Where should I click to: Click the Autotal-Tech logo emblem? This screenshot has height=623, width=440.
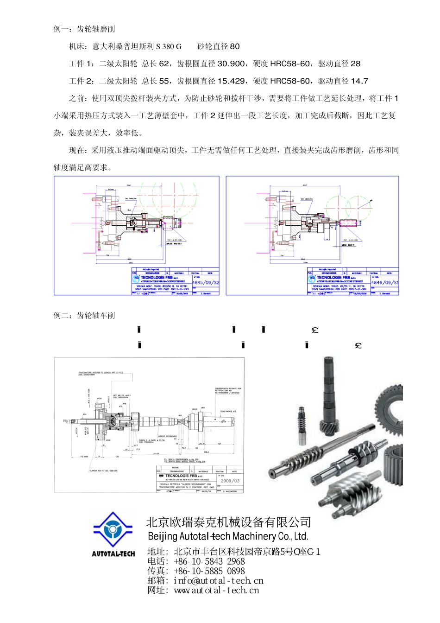pyautogui.click(x=113, y=530)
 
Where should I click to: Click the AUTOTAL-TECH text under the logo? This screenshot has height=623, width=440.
pyautogui.click(x=113, y=554)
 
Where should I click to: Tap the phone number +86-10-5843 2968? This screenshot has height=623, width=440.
pyautogui.click(x=209, y=561)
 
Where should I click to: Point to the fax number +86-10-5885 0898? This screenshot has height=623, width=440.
pyautogui.click(x=209, y=571)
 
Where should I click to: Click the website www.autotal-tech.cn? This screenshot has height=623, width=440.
pyautogui.click(x=216, y=591)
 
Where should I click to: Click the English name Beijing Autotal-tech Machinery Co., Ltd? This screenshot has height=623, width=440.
pyautogui.click(x=228, y=536)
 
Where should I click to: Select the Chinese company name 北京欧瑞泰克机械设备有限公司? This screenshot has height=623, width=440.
pyautogui.click(x=228, y=522)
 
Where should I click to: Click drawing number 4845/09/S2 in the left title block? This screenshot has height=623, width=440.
pyautogui.click(x=206, y=282)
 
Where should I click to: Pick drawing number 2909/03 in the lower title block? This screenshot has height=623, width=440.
pyautogui.click(x=230, y=481)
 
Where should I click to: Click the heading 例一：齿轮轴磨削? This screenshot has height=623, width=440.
pyautogui.click(x=84, y=29)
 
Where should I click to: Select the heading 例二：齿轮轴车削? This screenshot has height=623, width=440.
pyautogui.click(x=84, y=316)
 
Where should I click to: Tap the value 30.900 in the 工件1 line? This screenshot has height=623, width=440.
pyautogui.click(x=231, y=64)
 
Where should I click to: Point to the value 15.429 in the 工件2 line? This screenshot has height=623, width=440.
pyautogui.click(x=231, y=81)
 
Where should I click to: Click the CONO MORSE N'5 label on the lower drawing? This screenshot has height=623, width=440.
pyautogui.click(x=228, y=412)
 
